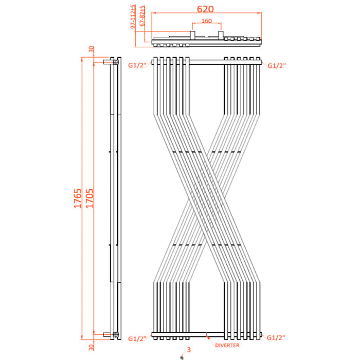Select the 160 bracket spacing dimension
[x=206, y=22]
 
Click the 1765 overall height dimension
[x=78, y=199]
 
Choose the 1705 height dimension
[x=89, y=199]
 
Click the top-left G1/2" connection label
[x=137, y=65]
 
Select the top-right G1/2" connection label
[x=277, y=65]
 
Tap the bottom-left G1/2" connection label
[x=137, y=338]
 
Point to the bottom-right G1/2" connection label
[x=277, y=338]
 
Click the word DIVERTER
[x=227, y=346]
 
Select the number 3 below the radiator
[x=189, y=350]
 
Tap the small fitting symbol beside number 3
[x=181, y=356]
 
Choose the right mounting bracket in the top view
[x=222, y=35]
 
